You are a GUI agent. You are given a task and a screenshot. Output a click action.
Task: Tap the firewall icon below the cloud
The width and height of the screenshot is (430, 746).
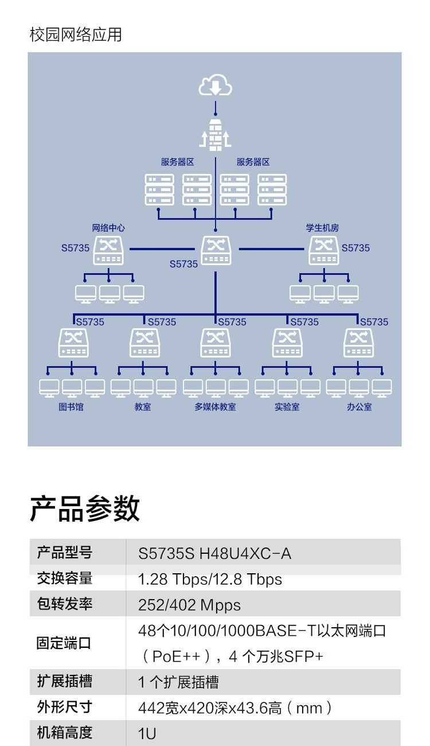[215, 135]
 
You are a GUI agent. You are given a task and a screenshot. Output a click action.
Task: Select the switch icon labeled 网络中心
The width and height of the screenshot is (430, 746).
[108, 250]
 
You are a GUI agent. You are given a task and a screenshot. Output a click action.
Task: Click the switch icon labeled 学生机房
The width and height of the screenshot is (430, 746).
[324, 250]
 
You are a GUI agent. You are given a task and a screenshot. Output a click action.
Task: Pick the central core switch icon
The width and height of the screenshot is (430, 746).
[216, 250]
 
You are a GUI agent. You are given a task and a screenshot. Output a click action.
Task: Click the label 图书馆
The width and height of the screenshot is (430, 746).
[71, 407]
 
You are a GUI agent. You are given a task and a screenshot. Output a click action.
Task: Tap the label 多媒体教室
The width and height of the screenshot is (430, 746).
[215, 407]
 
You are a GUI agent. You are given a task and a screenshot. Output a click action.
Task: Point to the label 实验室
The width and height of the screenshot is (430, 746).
[287, 407]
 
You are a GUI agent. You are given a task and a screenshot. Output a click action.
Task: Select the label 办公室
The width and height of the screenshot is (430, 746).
[359, 407]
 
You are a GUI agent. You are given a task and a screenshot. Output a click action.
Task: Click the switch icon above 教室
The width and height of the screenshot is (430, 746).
[144, 343]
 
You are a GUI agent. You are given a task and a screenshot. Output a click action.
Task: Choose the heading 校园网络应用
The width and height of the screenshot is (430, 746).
[76, 34]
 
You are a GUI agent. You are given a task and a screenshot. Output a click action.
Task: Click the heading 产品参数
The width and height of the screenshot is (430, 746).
[85, 508]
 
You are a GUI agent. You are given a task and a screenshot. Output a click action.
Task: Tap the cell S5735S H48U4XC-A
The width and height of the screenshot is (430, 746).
[214, 553]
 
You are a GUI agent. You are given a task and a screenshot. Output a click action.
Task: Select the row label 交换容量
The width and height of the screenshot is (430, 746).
[64, 578]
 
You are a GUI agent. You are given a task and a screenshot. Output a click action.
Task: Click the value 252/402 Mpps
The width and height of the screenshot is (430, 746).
[189, 605]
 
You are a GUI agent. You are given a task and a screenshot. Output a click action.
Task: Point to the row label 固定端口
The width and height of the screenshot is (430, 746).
[64, 643]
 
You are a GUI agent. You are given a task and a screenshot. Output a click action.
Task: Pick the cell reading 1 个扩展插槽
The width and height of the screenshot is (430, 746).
[178, 682]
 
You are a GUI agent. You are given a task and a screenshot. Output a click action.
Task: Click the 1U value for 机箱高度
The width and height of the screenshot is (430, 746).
[147, 733]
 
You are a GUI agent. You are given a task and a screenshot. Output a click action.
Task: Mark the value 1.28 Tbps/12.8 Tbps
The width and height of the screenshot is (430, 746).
[210, 579]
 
